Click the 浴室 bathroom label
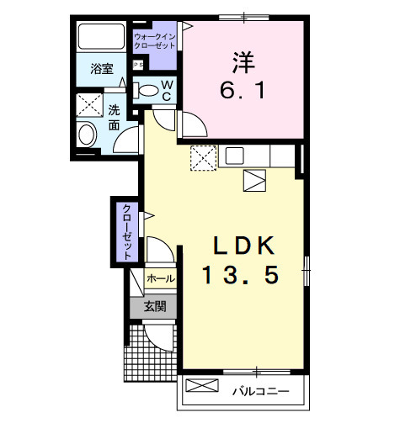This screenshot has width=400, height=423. pos(102,70)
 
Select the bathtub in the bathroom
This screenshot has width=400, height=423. pos(102,38)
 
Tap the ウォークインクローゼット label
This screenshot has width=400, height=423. pos(156,40)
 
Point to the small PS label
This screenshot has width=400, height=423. pos(137,65)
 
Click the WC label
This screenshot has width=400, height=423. pos(168,88)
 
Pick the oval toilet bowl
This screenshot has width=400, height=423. pos(147,90)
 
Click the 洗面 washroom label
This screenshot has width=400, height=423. pos(113,117)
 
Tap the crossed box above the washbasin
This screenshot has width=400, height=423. pos(88,105)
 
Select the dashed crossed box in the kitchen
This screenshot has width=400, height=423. pos(204,157)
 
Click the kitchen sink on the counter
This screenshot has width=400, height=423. pos(234,156)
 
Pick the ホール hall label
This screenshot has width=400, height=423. pos(160,278)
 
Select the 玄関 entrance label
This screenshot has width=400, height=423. pos(153,307)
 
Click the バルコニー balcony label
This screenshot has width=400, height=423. pos(261,391)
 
